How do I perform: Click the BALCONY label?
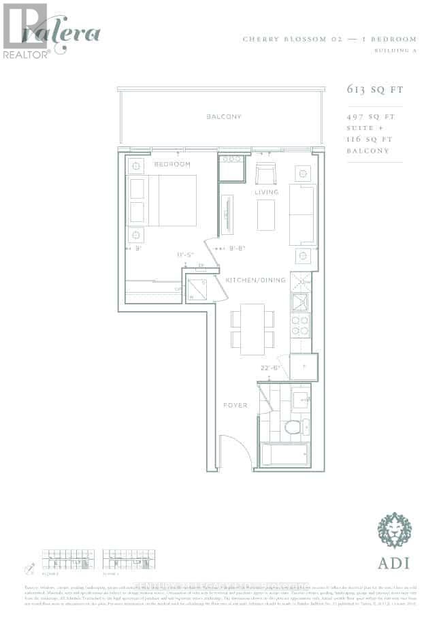coord(224,117)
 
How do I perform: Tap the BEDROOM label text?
coord(171,165)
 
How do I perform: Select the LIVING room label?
coord(267,192)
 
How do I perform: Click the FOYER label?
coord(235,405)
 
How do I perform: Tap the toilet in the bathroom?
coord(293,428)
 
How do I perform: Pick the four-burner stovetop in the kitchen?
coord(300,325)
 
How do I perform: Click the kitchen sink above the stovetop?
coord(300,300)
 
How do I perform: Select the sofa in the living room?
coord(302,213)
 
